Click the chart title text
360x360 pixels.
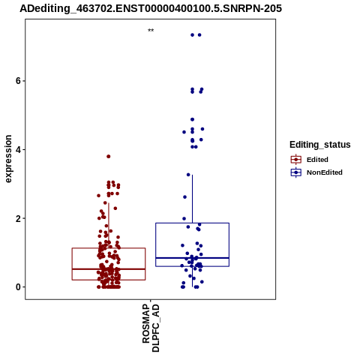[x=151, y=8]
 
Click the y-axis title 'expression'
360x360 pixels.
[x=8, y=159]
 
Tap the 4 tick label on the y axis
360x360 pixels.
[x=18, y=149]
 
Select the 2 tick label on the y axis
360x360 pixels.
[x=18, y=218]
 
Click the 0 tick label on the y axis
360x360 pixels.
[x=18, y=287]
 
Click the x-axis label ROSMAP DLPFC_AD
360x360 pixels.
[x=151, y=328]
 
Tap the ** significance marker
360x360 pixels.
[x=151, y=31]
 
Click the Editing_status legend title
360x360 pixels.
[x=320, y=145]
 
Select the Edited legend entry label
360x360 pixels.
[x=317, y=160]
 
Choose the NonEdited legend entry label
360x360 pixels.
[x=325, y=172]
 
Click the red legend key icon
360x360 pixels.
[x=296, y=160]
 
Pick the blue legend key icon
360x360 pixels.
[x=296, y=172]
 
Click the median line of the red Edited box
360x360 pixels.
[x=109, y=269]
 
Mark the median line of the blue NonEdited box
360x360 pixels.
[x=192, y=258]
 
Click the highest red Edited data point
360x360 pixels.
[x=109, y=157]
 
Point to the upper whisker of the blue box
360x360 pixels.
[x=192, y=199]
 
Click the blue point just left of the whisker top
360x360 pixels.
[x=188, y=175]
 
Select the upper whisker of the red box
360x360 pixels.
[x=109, y=226]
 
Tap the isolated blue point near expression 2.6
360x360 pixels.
[x=184, y=197]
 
